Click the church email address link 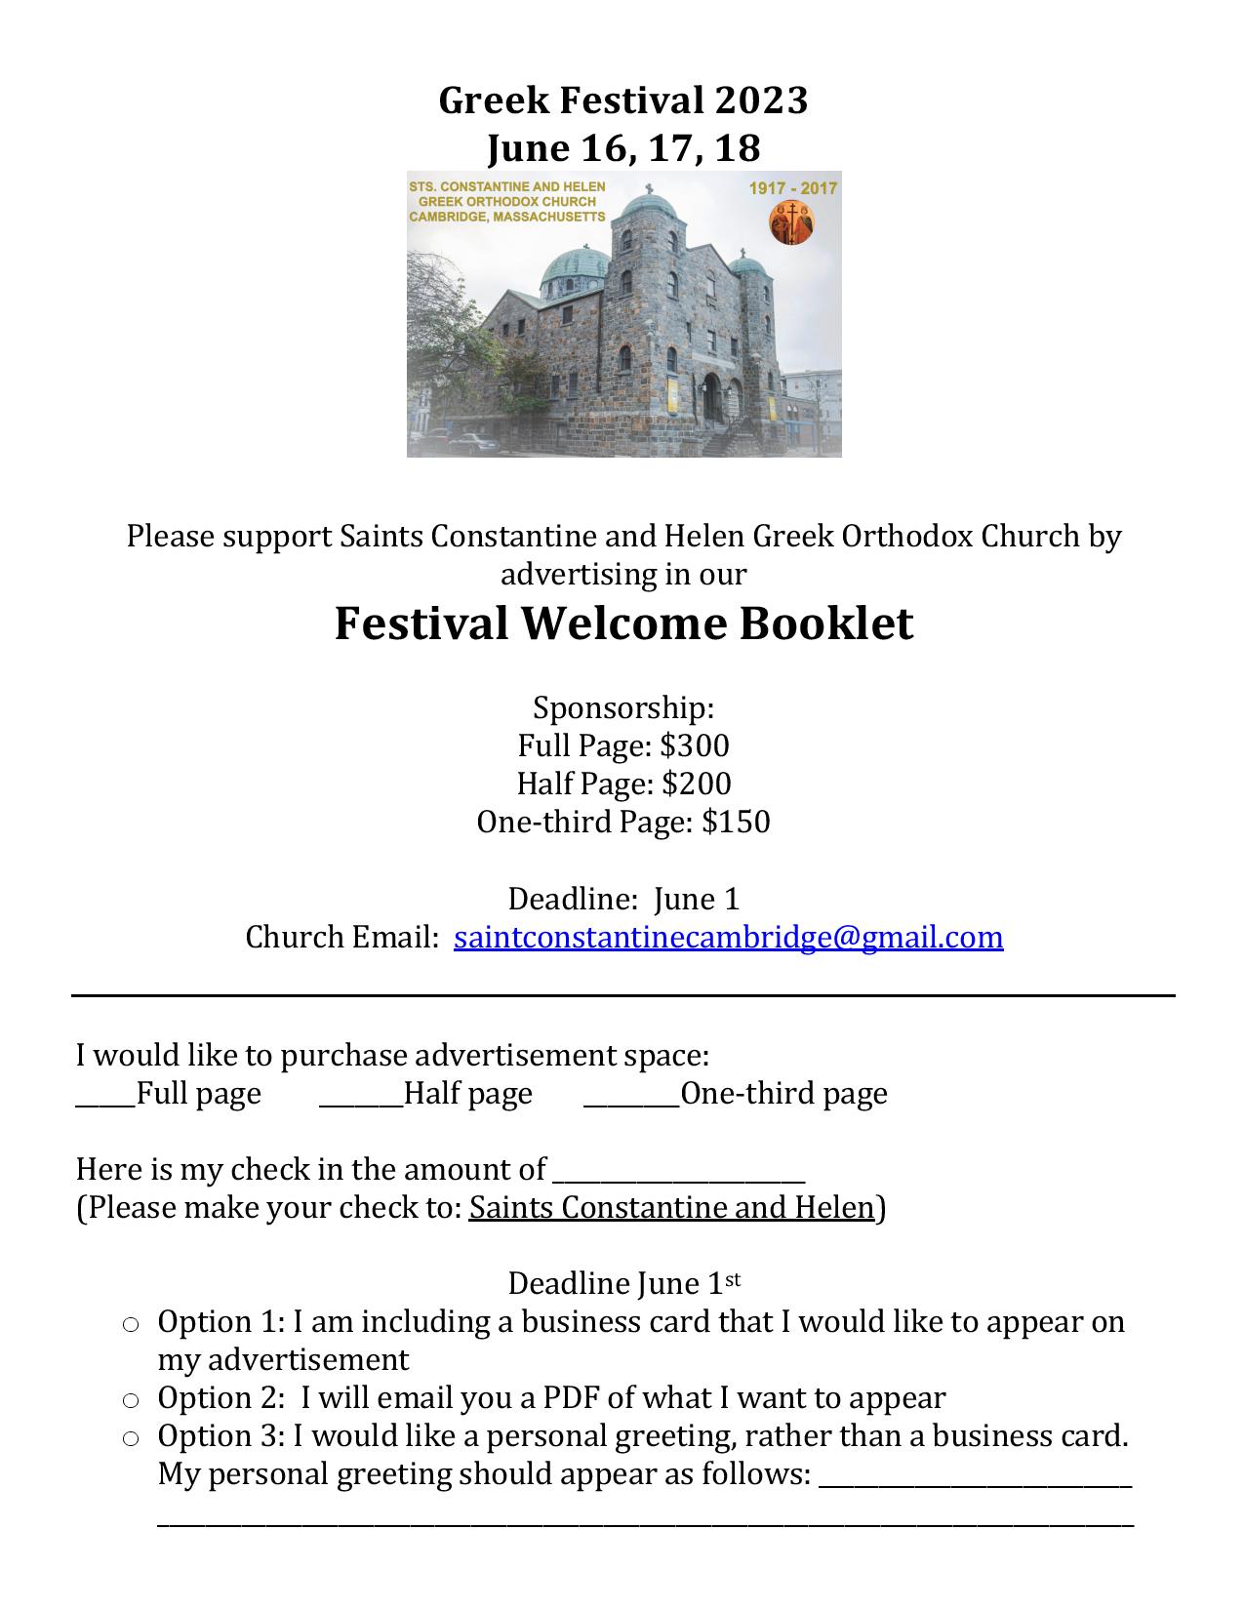click(x=728, y=938)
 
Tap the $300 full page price click(x=695, y=746)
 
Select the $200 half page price click(x=696, y=785)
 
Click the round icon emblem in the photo click(x=791, y=222)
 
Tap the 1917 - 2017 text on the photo click(x=792, y=188)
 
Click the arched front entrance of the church click(x=711, y=395)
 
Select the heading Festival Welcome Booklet click(x=623, y=624)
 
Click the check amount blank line click(x=678, y=1181)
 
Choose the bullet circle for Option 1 click(x=131, y=1324)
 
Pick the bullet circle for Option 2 click(x=131, y=1400)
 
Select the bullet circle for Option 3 click(x=131, y=1438)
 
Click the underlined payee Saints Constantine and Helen click(x=671, y=1209)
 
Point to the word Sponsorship click(x=623, y=708)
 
